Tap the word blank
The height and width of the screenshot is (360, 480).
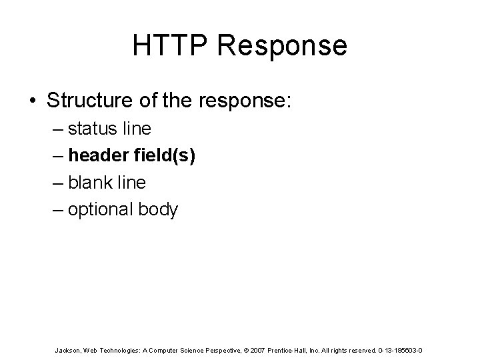point(93,182)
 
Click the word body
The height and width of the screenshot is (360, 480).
point(159,210)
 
